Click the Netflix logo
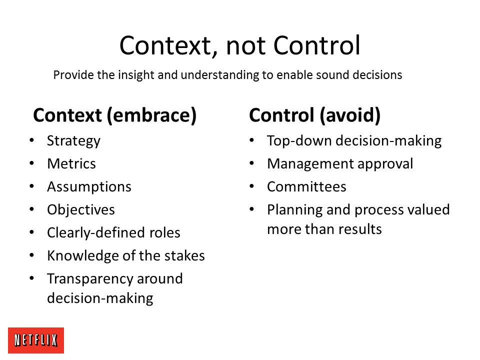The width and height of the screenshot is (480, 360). pyautogui.click(x=36, y=340)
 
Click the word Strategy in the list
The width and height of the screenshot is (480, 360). pyautogui.click(x=73, y=141)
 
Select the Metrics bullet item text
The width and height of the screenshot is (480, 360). pyautogui.click(x=71, y=164)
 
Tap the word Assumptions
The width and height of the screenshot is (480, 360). pyautogui.click(x=89, y=187)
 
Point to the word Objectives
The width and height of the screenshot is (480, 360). pyautogui.click(x=81, y=210)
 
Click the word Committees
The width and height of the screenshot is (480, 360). pyautogui.click(x=306, y=186)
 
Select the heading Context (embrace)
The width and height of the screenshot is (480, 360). pyautogui.click(x=115, y=115)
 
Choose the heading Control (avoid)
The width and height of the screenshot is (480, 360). pyautogui.click(x=314, y=115)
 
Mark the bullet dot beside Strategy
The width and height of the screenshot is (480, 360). pyautogui.click(x=32, y=140)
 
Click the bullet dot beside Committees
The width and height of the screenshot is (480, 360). pyautogui.click(x=252, y=186)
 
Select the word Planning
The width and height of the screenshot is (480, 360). pyautogui.click(x=295, y=210)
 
